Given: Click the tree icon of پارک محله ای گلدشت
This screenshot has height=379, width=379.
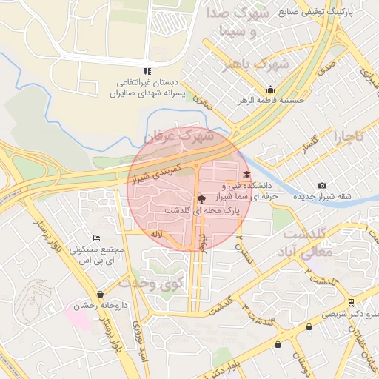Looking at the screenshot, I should coord(201,198).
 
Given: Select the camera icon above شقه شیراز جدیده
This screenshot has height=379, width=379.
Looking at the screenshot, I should coord(321,185).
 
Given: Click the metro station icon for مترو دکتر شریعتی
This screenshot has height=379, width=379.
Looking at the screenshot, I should coord(351,302).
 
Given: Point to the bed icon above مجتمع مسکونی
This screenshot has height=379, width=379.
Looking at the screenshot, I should coord(96,238).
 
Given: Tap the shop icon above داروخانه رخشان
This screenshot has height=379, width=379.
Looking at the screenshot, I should coord(100,294).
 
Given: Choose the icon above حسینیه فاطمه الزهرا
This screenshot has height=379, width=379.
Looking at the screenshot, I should coord(271,89).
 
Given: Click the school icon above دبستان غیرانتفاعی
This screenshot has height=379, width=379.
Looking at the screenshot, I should coord(147,71).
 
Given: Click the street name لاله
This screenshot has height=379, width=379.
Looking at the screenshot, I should coord(155,234).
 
